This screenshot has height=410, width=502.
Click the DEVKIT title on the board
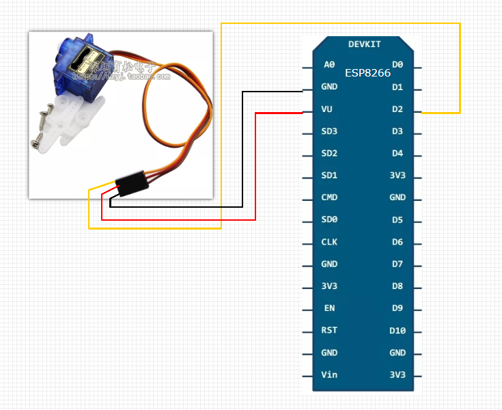tap(364, 44)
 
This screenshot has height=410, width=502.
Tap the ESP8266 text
tap(367, 73)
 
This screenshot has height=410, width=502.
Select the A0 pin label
tap(329, 65)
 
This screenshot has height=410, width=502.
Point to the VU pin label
tap(328, 109)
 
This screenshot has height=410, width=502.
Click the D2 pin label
tap(398, 109)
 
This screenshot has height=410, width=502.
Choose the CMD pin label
tap(329, 197)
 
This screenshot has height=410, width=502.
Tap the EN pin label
tap(329, 308)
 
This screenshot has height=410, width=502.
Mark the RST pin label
tap(329, 331)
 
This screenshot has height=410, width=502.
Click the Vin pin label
tap(329, 375)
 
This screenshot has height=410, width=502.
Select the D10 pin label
tap(398, 331)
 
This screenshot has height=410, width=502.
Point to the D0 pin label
tap(398, 65)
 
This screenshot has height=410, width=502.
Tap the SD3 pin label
tap(329, 131)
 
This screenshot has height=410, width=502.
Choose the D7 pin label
tap(398, 264)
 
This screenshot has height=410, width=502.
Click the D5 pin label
tap(398, 220)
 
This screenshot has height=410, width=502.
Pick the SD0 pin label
tap(329, 220)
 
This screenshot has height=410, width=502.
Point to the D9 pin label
tap(398, 308)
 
